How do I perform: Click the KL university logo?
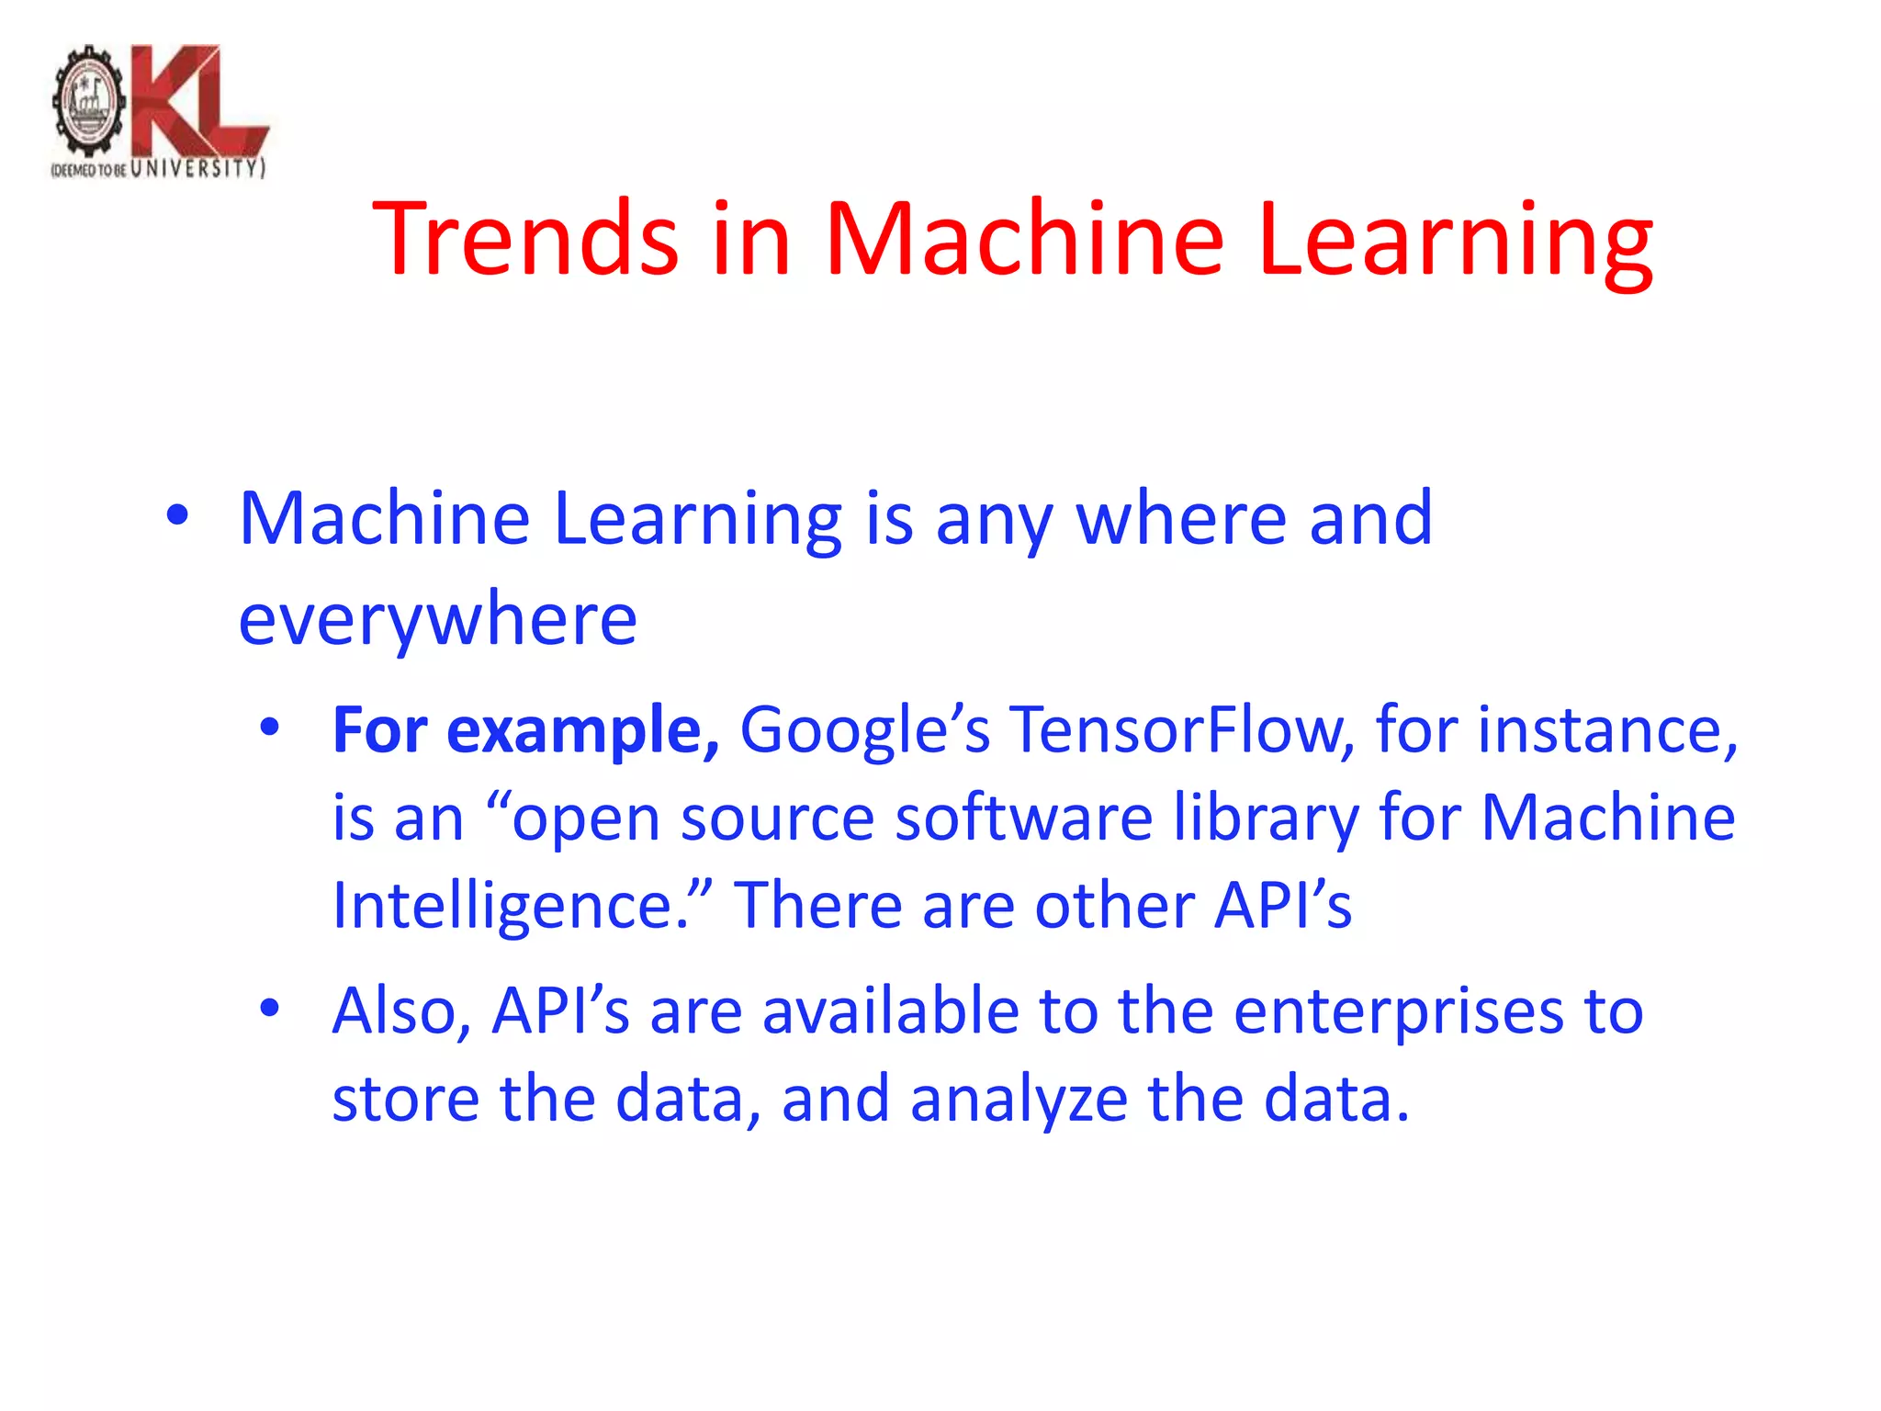click(x=160, y=110)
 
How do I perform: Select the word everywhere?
click(x=437, y=620)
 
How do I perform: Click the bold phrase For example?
click(x=525, y=730)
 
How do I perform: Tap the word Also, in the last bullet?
click(x=402, y=1011)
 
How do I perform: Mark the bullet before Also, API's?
click(x=269, y=1009)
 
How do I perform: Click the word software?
click(x=1023, y=818)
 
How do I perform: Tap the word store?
click(x=405, y=1099)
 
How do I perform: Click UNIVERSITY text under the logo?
click(x=197, y=168)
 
